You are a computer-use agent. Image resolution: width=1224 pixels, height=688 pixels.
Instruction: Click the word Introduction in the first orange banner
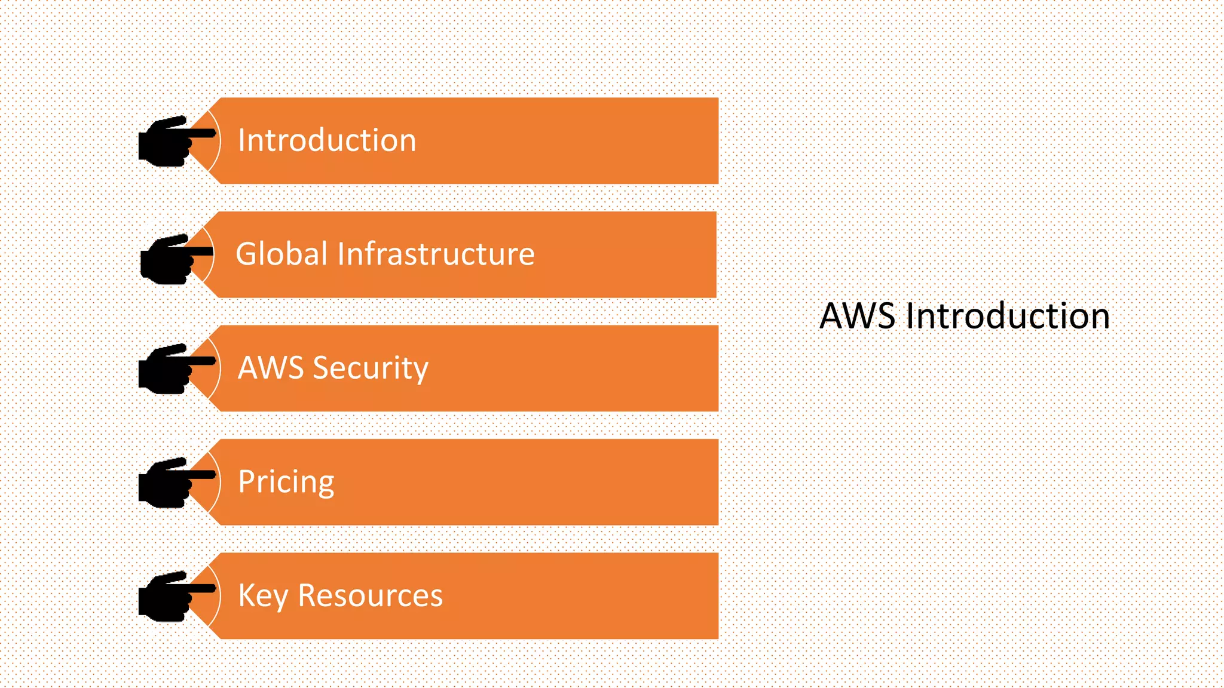coord(327,141)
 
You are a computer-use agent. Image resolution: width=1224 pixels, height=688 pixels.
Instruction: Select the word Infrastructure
coord(436,254)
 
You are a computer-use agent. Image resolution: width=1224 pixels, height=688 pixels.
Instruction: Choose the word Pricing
coord(286,483)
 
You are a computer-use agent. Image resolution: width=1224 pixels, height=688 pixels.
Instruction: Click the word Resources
coord(370,596)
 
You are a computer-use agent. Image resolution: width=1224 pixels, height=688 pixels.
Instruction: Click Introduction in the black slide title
coord(1008,316)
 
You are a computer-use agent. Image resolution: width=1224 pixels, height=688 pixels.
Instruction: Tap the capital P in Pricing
coord(247,481)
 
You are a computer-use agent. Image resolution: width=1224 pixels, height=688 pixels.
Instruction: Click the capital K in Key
coord(247,595)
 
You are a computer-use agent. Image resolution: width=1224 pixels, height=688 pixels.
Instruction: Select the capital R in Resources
coord(308,595)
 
